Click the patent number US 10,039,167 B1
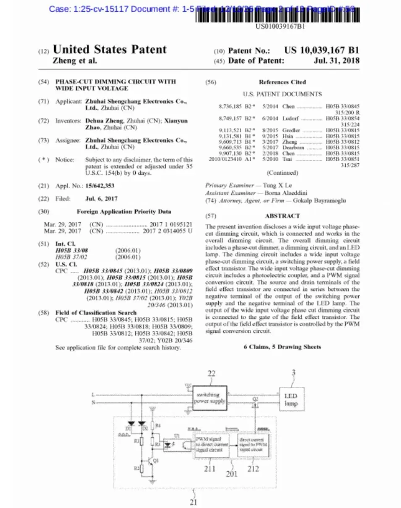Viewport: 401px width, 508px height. [x=322, y=50]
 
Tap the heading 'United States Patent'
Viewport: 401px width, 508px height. [x=110, y=50]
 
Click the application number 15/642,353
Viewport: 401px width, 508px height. [x=100, y=185]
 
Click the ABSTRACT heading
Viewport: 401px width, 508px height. [x=282, y=216]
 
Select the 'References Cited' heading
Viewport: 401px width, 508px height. [x=282, y=82]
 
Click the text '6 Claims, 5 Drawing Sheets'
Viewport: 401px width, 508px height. [x=282, y=347]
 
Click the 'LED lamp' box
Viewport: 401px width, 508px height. [x=291, y=400]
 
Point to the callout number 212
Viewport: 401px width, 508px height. [x=253, y=469]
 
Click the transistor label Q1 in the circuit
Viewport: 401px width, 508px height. [x=156, y=460]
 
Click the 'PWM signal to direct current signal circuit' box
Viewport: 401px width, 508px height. [x=211, y=445]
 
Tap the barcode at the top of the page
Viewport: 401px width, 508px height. [x=277, y=15]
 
